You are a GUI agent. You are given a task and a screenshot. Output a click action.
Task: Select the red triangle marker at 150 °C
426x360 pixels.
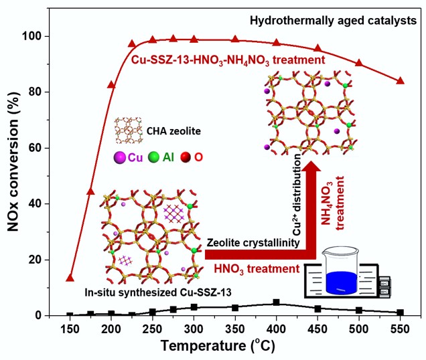(70, 277)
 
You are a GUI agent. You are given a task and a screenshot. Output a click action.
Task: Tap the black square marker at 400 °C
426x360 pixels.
(276, 302)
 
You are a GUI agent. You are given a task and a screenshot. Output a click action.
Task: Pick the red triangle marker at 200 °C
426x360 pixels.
(112, 85)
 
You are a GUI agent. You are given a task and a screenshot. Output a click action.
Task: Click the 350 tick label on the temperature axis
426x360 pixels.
(235, 330)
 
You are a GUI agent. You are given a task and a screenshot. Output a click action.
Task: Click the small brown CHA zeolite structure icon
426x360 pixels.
(126, 129)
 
